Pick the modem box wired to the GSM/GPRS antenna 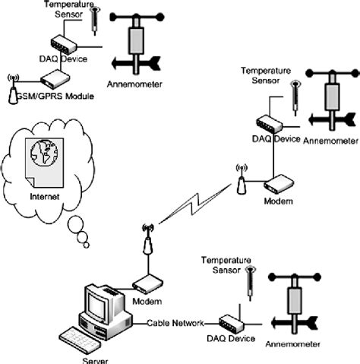54,78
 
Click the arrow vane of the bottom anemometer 292,328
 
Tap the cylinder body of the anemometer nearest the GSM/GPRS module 137,36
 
